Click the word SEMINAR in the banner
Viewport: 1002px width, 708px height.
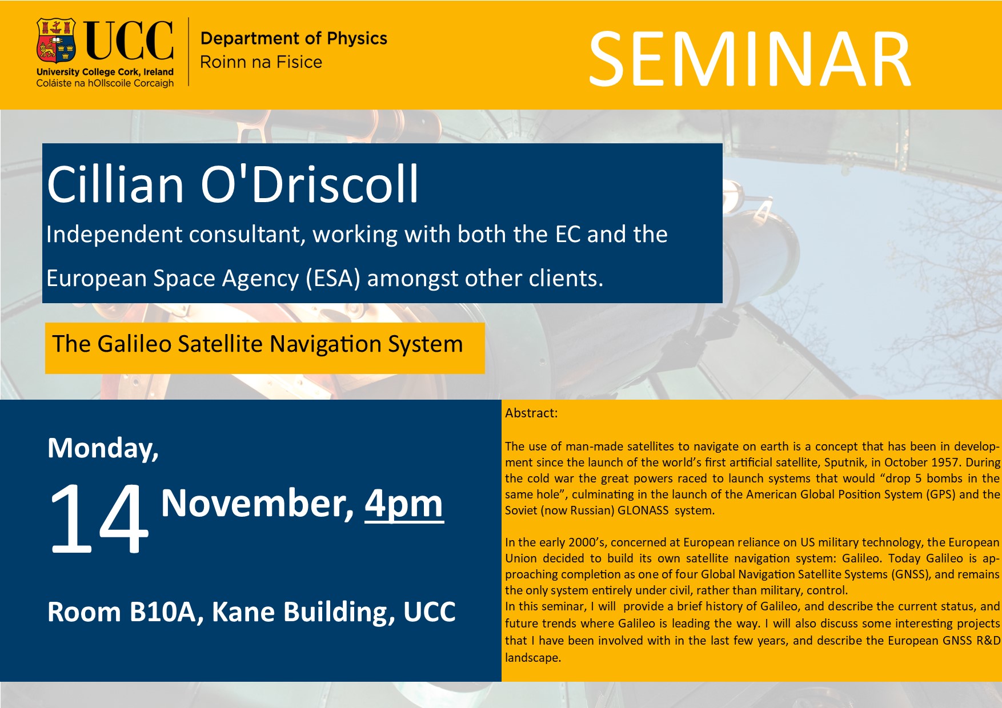[x=750, y=60]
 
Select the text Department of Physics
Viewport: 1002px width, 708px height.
[x=294, y=38]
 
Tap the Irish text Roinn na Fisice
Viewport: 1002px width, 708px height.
[x=261, y=62]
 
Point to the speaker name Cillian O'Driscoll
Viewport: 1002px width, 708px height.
[x=233, y=184]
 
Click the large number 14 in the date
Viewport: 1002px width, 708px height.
[x=98, y=518]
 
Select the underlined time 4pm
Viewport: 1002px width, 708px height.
[x=404, y=504]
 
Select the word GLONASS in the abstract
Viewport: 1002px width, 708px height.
[x=643, y=510]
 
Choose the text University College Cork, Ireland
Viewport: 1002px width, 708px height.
[x=105, y=72]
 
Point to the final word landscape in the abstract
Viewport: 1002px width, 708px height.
[x=533, y=658]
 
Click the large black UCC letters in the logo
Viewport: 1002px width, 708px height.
[x=129, y=40]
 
